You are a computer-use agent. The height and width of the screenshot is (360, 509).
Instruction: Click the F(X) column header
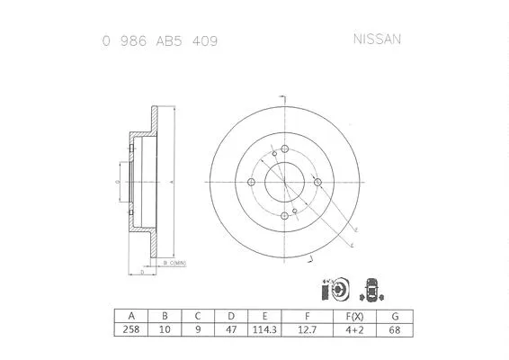point(355,316)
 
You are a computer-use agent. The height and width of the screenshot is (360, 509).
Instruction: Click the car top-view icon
point(369,290)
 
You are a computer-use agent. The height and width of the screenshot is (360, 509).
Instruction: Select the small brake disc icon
point(329,290)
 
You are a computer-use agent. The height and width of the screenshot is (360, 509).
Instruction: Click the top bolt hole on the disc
point(284,150)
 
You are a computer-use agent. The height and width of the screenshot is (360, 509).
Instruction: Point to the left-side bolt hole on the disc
point(253,184)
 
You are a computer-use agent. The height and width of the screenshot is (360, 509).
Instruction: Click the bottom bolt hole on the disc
point(286,216)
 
